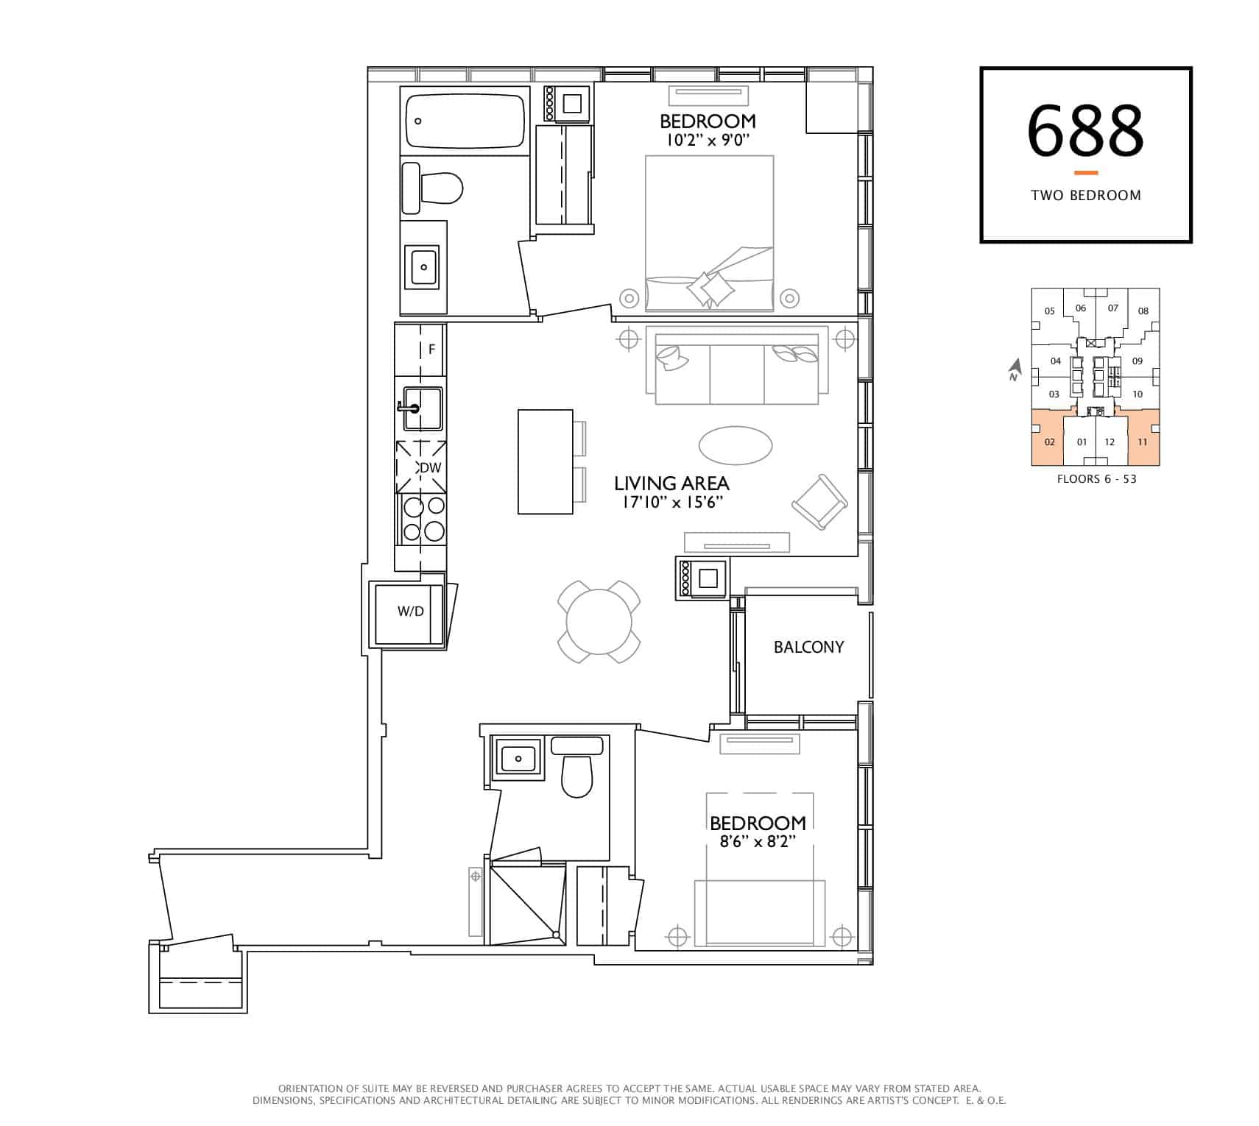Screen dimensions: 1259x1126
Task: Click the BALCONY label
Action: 808,647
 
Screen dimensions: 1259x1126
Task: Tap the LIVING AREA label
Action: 671,484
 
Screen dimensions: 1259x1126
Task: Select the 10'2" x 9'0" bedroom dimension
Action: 708,140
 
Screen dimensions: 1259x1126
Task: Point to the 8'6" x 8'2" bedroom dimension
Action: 758,841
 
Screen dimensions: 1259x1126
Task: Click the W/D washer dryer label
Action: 410,612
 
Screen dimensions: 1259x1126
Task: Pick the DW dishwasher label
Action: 430,468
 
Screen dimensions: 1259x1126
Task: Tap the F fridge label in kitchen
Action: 432,350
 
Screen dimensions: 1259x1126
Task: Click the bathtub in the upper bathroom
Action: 465,121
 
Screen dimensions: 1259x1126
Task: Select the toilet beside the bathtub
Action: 432,188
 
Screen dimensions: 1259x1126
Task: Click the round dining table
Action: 599,621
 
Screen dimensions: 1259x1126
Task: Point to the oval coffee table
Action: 735,445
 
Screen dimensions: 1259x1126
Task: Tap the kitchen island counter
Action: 546,461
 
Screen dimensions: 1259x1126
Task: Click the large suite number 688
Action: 1085,130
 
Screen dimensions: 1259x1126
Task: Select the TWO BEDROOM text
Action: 1086,195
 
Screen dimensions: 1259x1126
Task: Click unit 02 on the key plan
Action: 1050,442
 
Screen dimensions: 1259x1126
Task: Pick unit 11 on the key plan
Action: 1143,442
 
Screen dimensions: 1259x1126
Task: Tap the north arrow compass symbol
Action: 1015,369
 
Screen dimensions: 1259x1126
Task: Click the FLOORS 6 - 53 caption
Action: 1096,478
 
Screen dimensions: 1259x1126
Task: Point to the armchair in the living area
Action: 819,501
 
